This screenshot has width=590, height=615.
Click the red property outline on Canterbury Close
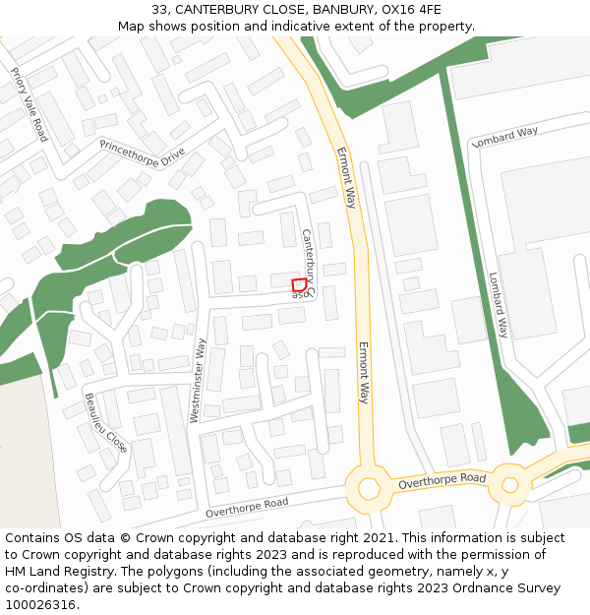[x=298, y=285]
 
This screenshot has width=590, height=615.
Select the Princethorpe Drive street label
[x=143, y=152]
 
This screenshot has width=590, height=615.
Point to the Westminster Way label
[x=199, y=381]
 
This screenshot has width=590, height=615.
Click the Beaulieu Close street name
[x=104, y=421]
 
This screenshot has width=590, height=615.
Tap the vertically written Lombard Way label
[x=500, y=305]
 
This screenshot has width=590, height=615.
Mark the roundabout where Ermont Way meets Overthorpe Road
[x=369, y=488]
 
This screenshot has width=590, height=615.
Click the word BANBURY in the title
[x=346, y=10]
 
